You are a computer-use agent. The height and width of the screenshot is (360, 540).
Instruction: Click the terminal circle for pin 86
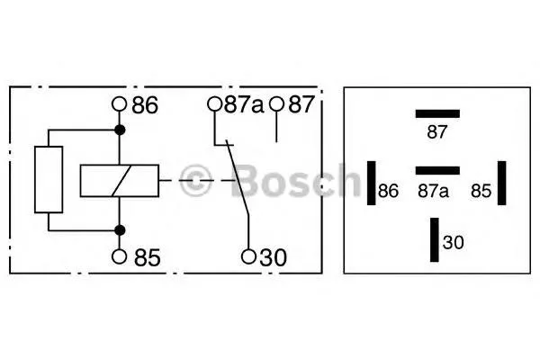120,103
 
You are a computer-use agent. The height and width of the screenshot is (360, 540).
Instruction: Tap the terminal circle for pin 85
120,256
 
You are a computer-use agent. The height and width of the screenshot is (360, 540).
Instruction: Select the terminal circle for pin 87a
214,103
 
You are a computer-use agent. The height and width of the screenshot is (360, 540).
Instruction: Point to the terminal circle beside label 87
276,103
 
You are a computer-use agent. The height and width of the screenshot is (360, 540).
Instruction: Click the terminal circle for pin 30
248,256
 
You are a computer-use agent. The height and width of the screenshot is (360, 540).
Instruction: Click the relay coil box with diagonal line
120,181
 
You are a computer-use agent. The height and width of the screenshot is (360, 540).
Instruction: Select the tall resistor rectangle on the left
49,179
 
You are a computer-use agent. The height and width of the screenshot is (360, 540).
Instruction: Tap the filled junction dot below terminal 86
120,130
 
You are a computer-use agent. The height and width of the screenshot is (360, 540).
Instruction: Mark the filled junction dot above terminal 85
120,230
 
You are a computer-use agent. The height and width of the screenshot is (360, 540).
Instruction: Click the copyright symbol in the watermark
195,180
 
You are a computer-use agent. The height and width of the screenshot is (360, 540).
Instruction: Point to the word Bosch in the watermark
295,180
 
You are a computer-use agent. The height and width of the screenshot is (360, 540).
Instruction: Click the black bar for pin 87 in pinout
437,113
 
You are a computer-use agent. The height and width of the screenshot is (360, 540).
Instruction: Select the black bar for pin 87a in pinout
437,170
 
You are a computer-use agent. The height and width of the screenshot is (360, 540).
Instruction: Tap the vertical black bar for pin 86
371,183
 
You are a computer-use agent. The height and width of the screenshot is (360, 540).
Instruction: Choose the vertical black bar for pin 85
502,183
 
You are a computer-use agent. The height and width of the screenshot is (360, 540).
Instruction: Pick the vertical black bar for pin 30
435,239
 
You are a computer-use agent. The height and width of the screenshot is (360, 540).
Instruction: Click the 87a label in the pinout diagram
433,191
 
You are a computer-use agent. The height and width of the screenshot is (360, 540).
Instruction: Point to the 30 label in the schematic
273,257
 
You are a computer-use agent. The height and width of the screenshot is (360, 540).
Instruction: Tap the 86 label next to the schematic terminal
145,105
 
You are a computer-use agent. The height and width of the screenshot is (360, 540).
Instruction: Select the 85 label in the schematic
147,257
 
